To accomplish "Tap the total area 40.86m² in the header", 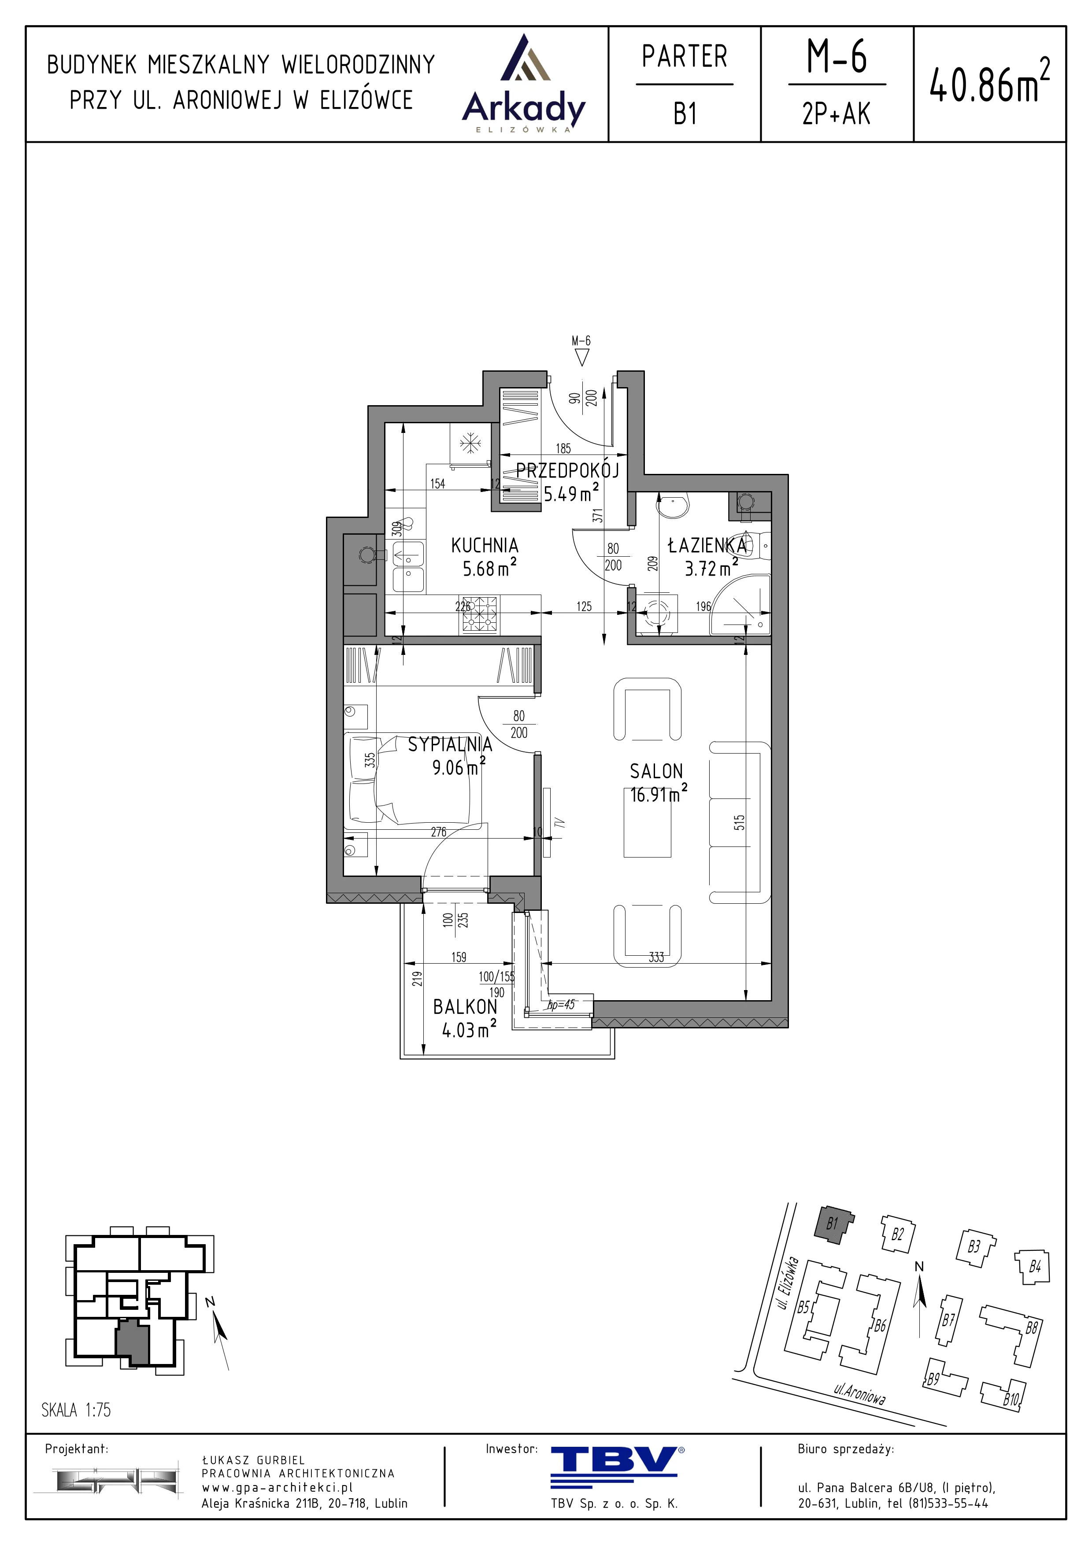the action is tap(989, 82).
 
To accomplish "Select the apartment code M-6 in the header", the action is tap(837, 56).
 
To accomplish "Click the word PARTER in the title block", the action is tap(684, 56).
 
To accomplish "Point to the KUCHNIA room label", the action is tap(485, 545).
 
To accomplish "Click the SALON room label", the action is tap(656, 771).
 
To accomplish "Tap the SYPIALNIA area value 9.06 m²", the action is tap(458, 767).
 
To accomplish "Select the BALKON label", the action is tap(465, 1007).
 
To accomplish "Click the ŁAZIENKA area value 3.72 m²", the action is tap(711, 568).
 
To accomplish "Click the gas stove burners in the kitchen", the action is tap(480, 614).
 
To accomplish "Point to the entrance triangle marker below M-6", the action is tap(582, 358).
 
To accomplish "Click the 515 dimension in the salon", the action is tap(740, 822).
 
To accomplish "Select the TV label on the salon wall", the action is tap(559, 822).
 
